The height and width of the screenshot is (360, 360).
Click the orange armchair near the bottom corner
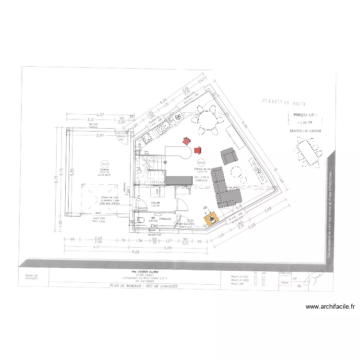(x=211, y=219)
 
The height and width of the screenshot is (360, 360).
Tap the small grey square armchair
(x=229, y=156)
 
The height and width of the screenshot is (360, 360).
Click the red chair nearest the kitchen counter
(x=186, y=141)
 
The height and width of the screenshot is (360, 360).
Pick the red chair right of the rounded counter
(x=198, y=151)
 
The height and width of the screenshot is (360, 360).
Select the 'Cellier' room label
(x=155, y=203)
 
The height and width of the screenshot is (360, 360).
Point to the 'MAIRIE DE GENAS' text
(x=306, y=131)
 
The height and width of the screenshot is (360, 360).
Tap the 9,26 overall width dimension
(x=134, y=252)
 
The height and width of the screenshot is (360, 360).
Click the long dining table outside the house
(x=307, y=152)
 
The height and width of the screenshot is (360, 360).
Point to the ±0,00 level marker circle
(x=201, y=162)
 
